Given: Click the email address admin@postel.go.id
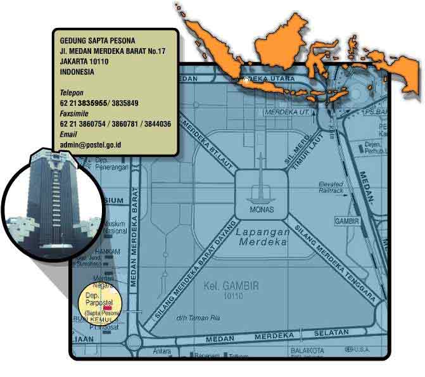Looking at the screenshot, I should point(91,145).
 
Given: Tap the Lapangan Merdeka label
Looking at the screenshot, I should point(263,236).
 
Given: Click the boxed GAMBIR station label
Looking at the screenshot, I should point(346,221).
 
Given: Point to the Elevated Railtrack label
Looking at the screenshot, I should point(331,187).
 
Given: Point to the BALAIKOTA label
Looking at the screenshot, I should point(307,350).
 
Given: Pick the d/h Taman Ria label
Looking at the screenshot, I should point(193,317).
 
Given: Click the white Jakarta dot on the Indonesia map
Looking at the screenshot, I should point(246,80).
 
